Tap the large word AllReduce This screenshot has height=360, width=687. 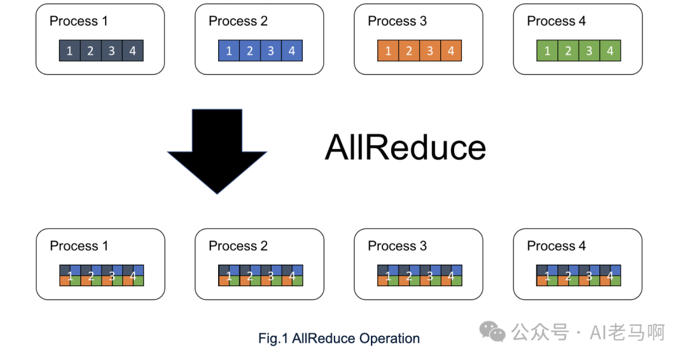(x=405, y=148)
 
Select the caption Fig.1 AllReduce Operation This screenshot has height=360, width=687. (x=339, y=338)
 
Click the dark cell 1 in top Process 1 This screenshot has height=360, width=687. (x=70, y=51)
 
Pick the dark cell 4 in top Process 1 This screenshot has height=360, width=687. (x=133, y=51)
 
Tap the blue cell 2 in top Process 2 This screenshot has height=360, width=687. (x=250, y=51)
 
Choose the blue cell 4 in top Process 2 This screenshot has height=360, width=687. (x=292, y=51)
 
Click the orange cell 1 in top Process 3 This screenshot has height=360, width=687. (x=388, y=51)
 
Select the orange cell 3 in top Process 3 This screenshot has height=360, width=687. (x=430, y=51)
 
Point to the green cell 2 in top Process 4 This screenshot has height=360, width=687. (x=568, y=51)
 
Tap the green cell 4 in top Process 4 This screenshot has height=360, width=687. (x=610, y=51)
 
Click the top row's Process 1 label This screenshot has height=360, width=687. (x=79, y=21)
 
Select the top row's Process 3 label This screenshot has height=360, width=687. (x=397, y=21)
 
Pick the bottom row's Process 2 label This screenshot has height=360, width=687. (x=238, y=246)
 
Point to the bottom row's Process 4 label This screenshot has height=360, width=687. (x=556, y=246)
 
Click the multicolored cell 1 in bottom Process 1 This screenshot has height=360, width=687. (x=70, y=275)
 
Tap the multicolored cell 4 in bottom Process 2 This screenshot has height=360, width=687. (x=292, y=275)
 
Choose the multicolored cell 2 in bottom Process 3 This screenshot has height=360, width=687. (x=409, y=275)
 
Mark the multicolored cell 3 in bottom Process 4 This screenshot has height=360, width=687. (x=589, y=275)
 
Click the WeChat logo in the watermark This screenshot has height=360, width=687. (x=492, y=331)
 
